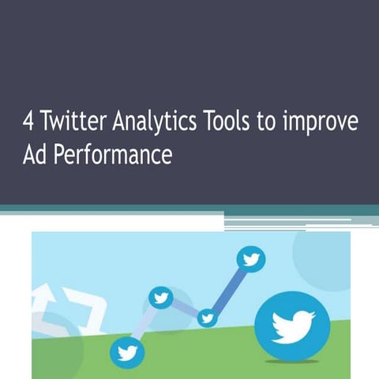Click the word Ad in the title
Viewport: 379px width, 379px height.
pyautogui.click(x=34, y=153)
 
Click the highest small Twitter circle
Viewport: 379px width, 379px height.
pyautogui.click(x=252, y=258)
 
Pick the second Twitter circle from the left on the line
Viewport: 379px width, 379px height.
pyautogui.click(x=161, y=297)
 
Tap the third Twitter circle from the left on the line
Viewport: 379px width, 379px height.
pyautogui.click(x=207, y=318)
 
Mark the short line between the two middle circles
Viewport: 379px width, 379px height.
pyautogui.click(x=184, y=308)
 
